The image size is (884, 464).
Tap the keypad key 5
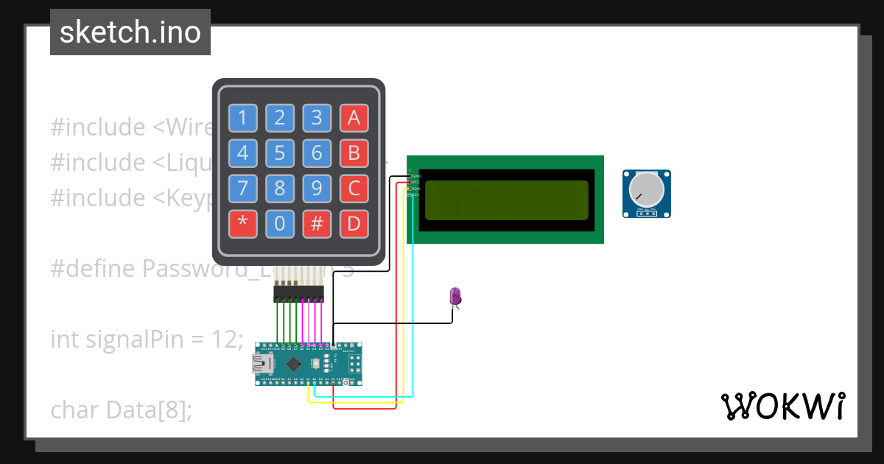[279, 153]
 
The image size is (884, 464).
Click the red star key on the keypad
[242, 224]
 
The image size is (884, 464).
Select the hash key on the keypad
[317, 224]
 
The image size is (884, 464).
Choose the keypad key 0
[279, 224]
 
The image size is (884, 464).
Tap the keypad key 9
[317, 189]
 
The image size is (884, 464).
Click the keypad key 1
[242, 117]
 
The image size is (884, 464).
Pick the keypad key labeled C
[354, 189]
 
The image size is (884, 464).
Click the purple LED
[455, 296]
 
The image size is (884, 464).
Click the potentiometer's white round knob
[645, 190]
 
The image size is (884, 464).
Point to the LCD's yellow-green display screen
[506, 200]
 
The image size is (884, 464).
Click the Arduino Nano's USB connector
[261, 364]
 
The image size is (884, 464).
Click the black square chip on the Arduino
[293, 364]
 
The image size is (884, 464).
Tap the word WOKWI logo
[782, 406]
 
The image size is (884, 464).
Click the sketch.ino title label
[130, 32]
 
